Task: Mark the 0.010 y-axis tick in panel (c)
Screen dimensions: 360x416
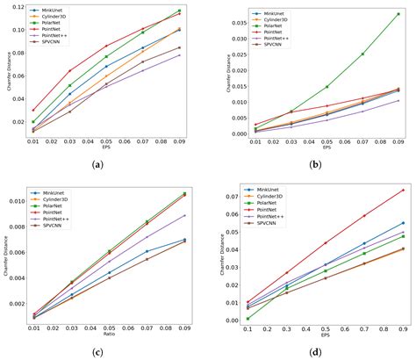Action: point(15,201)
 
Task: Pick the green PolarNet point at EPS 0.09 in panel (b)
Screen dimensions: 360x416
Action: point(398,12)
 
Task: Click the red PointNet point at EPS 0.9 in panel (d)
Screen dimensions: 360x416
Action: point(403,190)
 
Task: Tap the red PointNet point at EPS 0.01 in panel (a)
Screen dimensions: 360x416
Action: point(33,110)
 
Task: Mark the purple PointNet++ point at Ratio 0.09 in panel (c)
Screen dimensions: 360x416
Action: point(185,215)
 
